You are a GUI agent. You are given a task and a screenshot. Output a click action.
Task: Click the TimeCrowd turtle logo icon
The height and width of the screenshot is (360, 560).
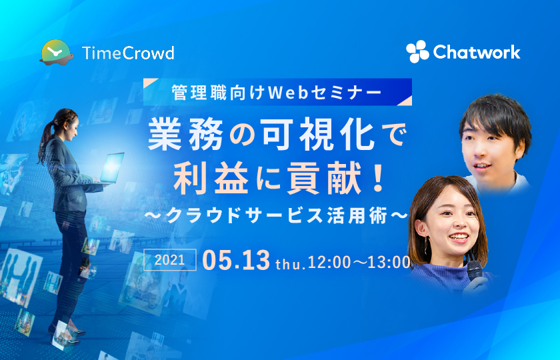pos(57,53)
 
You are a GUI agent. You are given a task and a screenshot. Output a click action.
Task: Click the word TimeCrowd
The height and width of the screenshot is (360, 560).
pos(128,53)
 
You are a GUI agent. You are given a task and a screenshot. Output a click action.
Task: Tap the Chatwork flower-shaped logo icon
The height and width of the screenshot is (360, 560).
pos(417,52)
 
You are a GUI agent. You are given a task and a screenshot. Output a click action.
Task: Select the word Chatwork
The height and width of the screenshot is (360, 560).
pos(477,52)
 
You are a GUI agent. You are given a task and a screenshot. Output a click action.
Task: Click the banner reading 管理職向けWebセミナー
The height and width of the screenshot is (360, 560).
pos(277,92)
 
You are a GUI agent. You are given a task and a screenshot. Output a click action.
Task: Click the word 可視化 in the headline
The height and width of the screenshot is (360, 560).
pos(318,135)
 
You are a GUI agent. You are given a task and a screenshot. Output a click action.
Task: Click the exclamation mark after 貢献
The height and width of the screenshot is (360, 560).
pos(377,179)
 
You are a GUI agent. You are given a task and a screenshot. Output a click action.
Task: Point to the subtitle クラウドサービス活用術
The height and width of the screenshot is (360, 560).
pos(277,216)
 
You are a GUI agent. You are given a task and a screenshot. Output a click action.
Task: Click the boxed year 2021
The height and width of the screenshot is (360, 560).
pos(169,259)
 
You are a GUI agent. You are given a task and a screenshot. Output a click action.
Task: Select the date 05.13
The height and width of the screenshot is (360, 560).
pos(236,260)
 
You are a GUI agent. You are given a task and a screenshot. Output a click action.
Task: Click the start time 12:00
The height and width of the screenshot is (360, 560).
pos(329,263)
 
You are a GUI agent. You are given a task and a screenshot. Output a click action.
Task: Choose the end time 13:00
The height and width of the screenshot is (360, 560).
pos(389,263)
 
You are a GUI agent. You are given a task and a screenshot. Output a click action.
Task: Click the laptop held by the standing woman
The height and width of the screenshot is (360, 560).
pos(111,168)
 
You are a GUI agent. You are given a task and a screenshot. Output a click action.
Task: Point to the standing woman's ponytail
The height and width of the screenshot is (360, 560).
pos(45,141)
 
